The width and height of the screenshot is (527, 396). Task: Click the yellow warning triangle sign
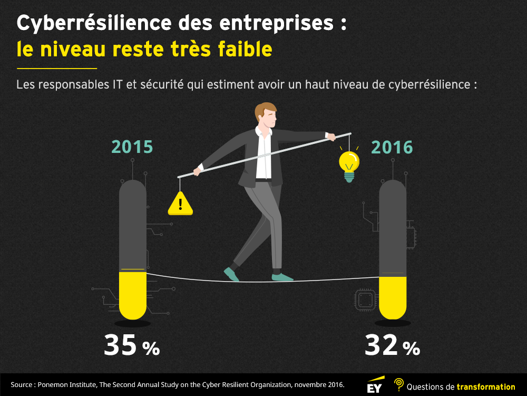180,204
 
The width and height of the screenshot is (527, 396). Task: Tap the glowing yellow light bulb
348,163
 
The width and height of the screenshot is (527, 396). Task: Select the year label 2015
132,147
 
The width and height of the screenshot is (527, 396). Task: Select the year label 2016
392,147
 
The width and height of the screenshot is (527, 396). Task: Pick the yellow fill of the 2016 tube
393,297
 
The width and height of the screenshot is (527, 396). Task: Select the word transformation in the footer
485,387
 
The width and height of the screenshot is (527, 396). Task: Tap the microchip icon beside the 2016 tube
365,300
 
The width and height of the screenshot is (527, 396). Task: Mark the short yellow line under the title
57,69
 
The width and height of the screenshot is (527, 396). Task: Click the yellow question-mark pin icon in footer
399,384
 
